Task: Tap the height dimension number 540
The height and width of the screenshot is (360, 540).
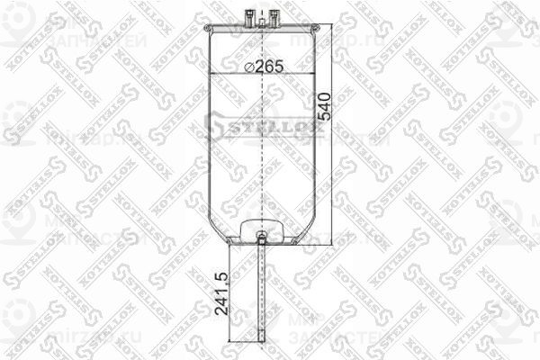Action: click(326, 107)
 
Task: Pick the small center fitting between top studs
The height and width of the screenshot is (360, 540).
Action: click(262, 16)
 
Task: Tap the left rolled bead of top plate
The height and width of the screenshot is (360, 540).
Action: click(210, 31)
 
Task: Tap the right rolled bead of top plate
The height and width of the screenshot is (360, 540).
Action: click(314, 31)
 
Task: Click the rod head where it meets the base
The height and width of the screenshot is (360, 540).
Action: click(261, 238)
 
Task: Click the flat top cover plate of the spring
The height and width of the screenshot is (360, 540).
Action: click(262, 26)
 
